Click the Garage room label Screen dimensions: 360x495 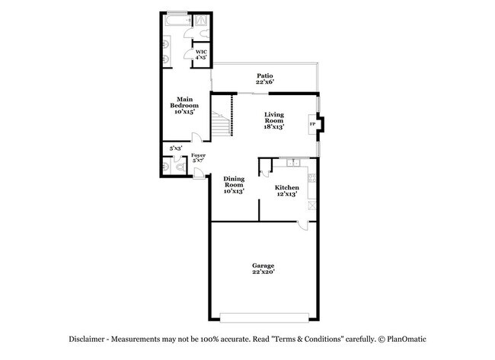coord(263,269)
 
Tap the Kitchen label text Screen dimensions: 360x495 coord(286,190)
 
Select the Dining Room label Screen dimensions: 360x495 coord(234,185)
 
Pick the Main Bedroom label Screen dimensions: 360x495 coord(184,104)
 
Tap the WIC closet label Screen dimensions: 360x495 coord(201,55)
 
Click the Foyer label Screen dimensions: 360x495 coord(198,158)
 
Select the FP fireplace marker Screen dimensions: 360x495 coord(312,123)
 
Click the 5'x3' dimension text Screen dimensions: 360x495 coord(175,148)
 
